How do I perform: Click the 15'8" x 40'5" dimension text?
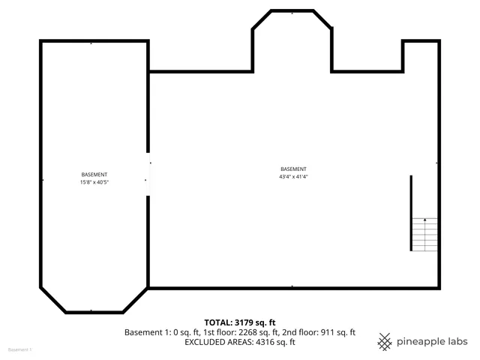[x=94, y=182]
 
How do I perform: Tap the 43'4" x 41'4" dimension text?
[x=293, y=177]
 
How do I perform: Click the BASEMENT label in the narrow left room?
[x=94, y=175]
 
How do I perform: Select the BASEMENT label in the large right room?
[x=293, y=169]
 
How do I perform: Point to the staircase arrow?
[x=425, y=220]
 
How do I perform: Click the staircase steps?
[x=424, y=234]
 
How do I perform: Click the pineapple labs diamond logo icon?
[x=385, y=341]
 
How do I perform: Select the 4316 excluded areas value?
[x=267, y=342]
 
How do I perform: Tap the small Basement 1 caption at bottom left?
[x=19, y=350]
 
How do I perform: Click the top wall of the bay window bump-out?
[x=292, y=11]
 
